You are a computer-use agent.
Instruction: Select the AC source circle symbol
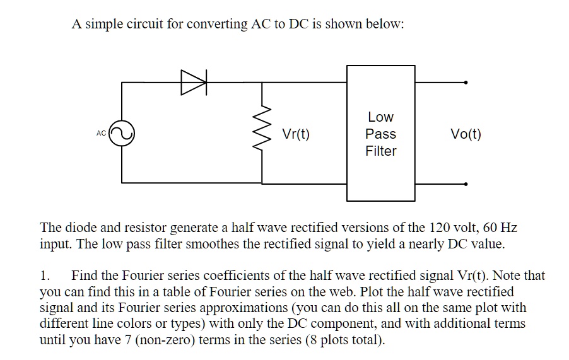[121, 134]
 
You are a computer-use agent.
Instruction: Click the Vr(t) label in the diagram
[296, 134]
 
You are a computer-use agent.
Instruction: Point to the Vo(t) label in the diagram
[466, 134]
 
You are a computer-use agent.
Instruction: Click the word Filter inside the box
[381, 151]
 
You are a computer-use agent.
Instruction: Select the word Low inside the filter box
[381, 117]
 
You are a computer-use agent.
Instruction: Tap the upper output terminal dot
[466, 82]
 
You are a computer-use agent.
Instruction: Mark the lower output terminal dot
[466, 184]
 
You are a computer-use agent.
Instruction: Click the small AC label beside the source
[102, 134]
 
